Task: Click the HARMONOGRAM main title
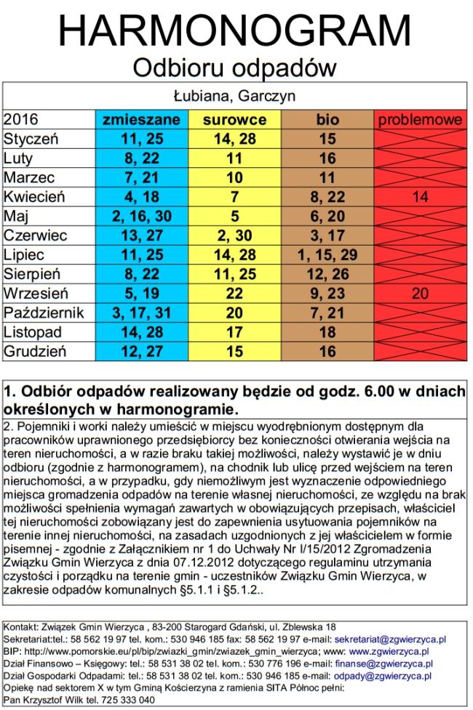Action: [x=234, y=30]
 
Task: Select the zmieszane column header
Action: [x=141, y=119]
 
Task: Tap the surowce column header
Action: [x=234, y=119]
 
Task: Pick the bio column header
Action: [x=327, y=119]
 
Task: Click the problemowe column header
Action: [x=420, y=119]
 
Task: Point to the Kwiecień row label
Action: [x=34, y=197]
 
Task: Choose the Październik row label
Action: [x=44, y=313]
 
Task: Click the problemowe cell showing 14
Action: [x=420, y=197]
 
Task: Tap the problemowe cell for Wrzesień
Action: [x=420, y=294]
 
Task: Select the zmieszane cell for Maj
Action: [x=141, y=217]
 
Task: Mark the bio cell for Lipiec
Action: [x=327, y=255]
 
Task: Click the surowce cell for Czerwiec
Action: [x=234, y=235]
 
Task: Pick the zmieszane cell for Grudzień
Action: [x=141, y=352]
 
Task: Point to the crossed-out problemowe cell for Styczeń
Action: [x=420, y=139]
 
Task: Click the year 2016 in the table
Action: [x=21, y=119]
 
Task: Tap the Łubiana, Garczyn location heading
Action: [x=234, y=96]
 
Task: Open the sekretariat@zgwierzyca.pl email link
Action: [x=390, y=640]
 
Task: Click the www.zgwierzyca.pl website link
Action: [x=389, y=652]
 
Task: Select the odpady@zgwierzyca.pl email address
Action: [x=382, y=676]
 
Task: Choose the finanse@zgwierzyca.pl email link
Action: [x=383, y=663]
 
